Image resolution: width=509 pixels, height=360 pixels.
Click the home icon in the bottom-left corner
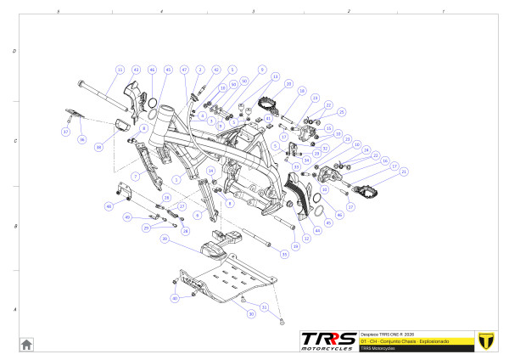click(26, 344)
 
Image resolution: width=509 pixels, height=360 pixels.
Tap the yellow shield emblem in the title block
click(486, 339)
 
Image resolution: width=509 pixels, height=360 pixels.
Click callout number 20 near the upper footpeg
click(289, 85)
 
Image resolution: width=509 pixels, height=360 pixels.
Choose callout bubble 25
click(343, 111)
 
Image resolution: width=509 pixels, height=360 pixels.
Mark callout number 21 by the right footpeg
click(404, 172)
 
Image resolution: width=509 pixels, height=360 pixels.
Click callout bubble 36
click(82, 140)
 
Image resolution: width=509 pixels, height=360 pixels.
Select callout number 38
click(99, 148)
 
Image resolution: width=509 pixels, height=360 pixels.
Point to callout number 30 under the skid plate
click(251, 314)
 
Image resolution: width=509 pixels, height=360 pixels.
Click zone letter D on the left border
click(14, 51)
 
